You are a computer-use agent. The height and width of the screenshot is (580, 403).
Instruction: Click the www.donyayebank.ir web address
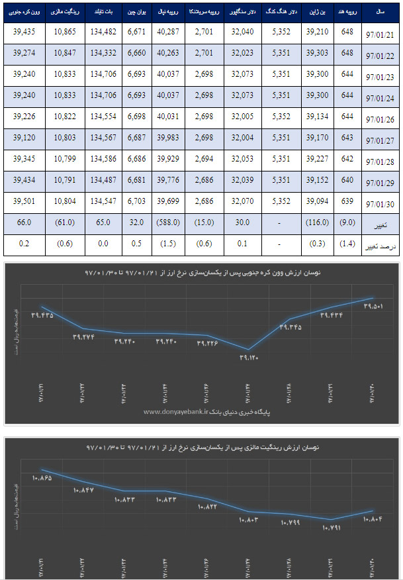[174, 411]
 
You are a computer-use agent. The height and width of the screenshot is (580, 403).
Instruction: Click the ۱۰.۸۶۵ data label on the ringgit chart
[42, 477]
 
